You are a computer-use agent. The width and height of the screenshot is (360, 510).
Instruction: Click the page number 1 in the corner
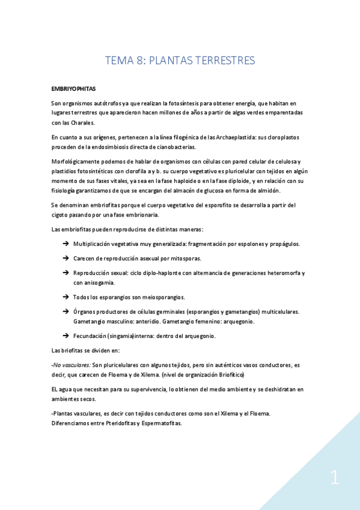tap(334, 479)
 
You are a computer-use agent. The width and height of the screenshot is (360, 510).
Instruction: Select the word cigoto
tap(61, 215)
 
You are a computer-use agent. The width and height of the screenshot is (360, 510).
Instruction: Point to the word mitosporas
tap(184, 259)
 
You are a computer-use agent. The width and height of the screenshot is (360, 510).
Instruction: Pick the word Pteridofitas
tap(120, 423)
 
